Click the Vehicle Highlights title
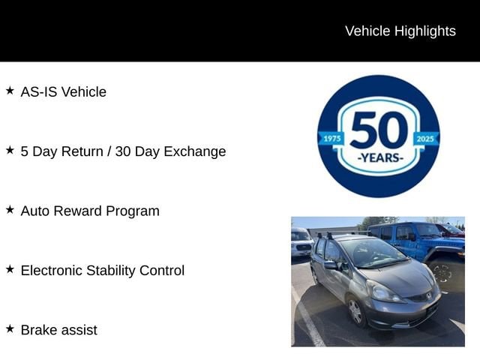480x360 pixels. tap(400, 31)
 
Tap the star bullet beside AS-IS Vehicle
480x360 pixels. tap(10, 91)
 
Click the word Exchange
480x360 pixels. tap(195, 151)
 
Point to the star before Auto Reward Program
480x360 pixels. tap(10, 210)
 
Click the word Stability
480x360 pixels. tap(111, 271)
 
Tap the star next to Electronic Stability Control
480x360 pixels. tap(10, 269)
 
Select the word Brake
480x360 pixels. tap(38, 330)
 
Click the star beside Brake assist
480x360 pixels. tap(10, 328)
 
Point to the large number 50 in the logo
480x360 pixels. tap(379, 130)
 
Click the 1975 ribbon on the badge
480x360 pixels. tap(331, 139)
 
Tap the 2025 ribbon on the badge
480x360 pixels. tap(425, 139)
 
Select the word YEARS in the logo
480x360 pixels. tap(379, 158)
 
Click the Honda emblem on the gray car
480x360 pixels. tap(428, 296)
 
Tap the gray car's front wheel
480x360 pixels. tap(356, 311)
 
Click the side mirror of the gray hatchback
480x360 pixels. tap(331, 265)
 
